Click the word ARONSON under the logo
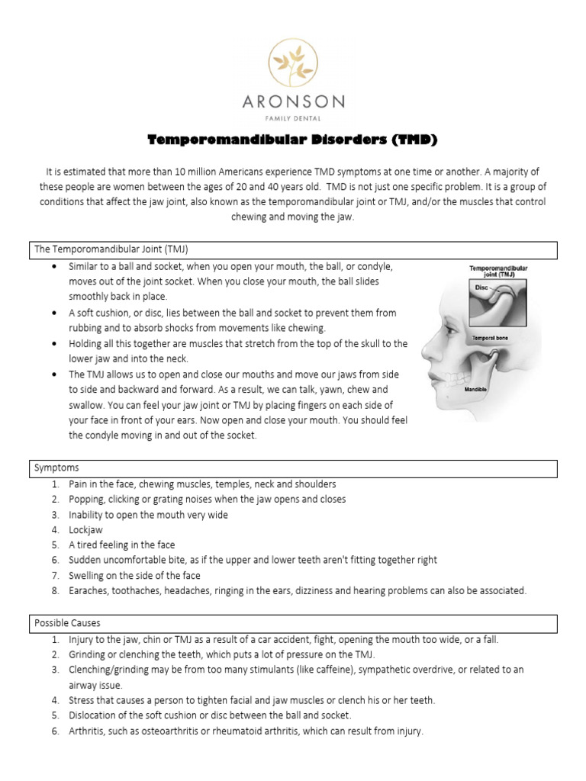(x=293, y=101)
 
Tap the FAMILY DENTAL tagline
(x=293, y=118)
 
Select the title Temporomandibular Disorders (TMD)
(x=292, y=141)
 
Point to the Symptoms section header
(x=56, y=467)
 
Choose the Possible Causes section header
(x=67, y=623)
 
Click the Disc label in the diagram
(x=481, y=289)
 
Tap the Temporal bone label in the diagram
(x=491, y=336)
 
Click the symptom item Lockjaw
(x=87, y=529)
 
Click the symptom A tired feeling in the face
(x=122, y=545)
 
